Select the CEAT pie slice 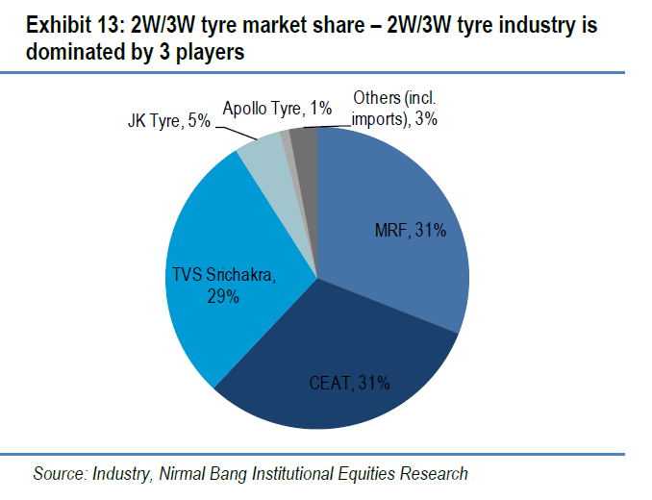[x=327, y=365]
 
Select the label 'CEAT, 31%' [x=349, y=383]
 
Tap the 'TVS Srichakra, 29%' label [x=223, y=287]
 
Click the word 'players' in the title [x=212, y=54]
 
